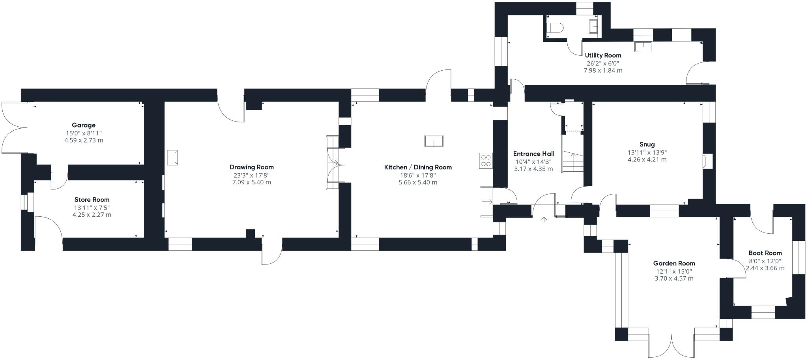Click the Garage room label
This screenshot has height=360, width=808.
point(84,125)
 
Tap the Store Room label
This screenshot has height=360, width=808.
point(92,200)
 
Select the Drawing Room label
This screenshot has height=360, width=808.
point(252,167)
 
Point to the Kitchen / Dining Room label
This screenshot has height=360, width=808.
point(418,167)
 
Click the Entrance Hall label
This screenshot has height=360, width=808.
point(533,154)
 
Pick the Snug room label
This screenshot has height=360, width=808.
point(647,144)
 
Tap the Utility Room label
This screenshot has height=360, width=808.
point(603,55)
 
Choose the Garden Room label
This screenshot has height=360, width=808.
point(674,263)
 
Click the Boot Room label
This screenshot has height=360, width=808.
point(765,253)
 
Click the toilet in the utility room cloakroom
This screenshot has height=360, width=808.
point(555,27)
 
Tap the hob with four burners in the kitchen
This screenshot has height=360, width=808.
point(486,161)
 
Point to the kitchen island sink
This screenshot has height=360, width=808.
point(434,141)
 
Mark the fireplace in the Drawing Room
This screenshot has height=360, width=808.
point(172,157)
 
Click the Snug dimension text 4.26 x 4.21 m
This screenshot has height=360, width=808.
point(647,160)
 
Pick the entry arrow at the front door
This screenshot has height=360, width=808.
point(544,219)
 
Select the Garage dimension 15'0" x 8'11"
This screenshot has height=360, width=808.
point(84,133)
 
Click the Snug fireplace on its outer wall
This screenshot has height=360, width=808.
point(707,161)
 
